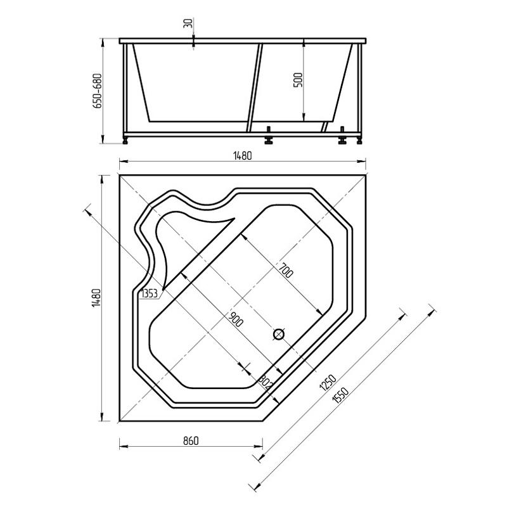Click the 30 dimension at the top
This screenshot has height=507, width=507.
(x=188, y=23)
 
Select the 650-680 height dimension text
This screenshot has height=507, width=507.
(x=98, y=91)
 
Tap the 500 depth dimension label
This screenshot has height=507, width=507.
(x=298, y=80)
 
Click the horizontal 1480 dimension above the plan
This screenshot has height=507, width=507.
(x=242, y=156)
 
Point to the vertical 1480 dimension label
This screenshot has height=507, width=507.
(x=97, y=297)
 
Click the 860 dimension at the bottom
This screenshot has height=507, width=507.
(x=191, y=440)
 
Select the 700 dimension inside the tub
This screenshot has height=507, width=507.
(x=286, y=271)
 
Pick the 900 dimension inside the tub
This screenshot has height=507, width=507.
(x=236, y=319)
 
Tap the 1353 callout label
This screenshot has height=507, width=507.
(x=150, y=293)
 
